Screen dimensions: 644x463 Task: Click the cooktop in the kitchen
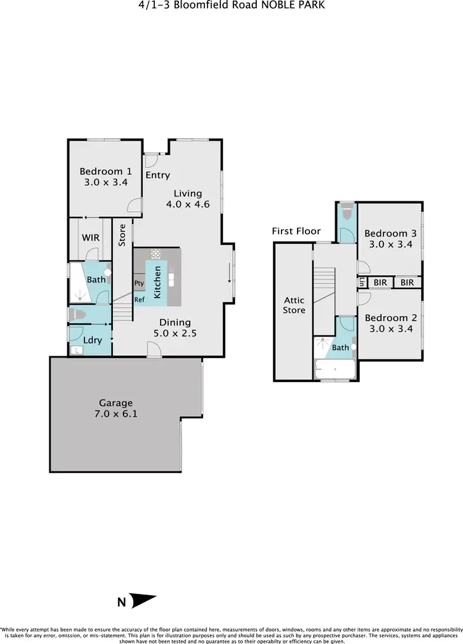pos(156,253)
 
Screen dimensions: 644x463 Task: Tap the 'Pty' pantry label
pos(139,283)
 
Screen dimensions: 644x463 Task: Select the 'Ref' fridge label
pos(140,299)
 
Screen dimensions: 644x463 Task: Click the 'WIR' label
pos(91,238)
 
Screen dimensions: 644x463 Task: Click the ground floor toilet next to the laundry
pos(75,314)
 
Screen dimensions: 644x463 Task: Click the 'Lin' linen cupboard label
pos(362,282)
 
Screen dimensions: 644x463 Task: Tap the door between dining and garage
pos(154,351)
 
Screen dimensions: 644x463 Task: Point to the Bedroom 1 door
pos(134,206)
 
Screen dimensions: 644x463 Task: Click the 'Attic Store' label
pos(294,305)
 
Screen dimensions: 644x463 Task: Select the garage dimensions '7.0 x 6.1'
pos(116,414)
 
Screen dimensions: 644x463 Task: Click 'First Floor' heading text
pos(296,231)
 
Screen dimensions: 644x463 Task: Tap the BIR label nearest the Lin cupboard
pos(380,282)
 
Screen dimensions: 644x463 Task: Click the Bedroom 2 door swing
pos(363,298)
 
